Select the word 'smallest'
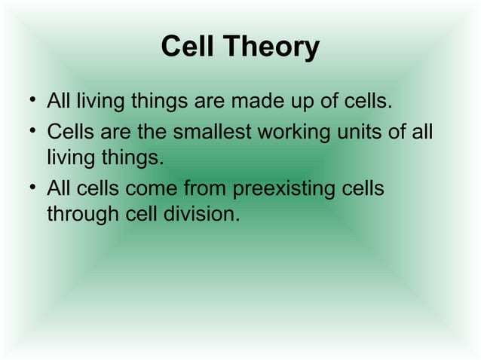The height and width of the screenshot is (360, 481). pyautogui.click(x=211, y=133)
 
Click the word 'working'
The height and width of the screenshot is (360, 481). pyautogui.click(x=294, y=134)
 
